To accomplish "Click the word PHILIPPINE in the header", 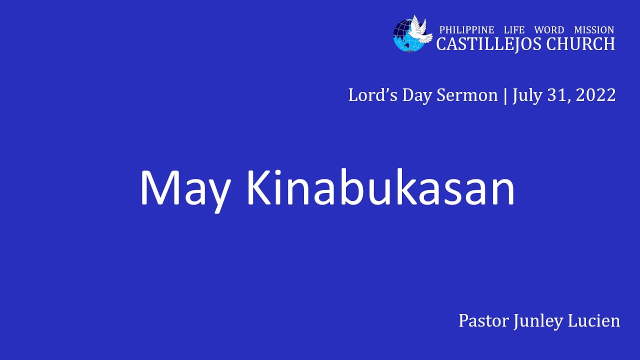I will [466, 30].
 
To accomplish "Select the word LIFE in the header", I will [514, 30].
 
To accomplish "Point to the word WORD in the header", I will [549, 30].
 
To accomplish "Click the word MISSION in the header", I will [594, 30].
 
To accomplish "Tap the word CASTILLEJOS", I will [488, 44].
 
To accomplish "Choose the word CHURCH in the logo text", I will [580, 44].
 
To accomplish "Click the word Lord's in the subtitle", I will [366, 95].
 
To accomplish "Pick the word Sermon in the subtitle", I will [467, 95].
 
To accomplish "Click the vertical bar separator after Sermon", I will [505, 95].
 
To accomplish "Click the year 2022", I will [595, 95].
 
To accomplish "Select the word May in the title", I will [184, 188].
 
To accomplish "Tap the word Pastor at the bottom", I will [483, 320].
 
